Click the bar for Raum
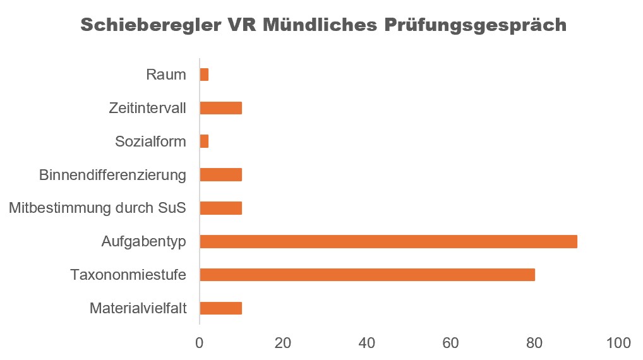coord(204,75)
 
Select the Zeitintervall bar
coord(220,108)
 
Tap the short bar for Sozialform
coord(204,141)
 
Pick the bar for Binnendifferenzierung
coord(220,175)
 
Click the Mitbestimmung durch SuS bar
coord(220,208)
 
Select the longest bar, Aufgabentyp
coord(388,241)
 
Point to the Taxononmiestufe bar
coord(367,275)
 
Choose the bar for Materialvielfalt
coord(220,308)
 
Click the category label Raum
coord(166,75)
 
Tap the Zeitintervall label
coord(148,108)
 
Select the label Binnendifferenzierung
coord(112,175)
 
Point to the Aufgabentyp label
coord(144,241)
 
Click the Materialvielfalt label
coord(138,308)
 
